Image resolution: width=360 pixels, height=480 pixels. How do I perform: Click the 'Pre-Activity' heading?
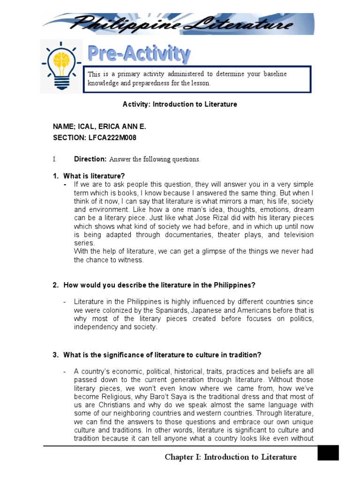[139, 54]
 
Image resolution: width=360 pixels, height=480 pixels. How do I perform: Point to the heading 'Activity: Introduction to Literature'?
[180, 105]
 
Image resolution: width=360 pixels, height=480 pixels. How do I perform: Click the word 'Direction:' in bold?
[90, 159]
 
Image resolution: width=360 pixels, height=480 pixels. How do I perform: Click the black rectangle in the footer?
[328, 453]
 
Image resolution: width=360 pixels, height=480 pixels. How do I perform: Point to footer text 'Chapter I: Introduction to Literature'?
[231, 457]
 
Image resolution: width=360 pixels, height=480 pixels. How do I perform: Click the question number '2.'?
[55, 285]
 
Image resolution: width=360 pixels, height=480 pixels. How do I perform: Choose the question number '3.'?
[55, 354]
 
